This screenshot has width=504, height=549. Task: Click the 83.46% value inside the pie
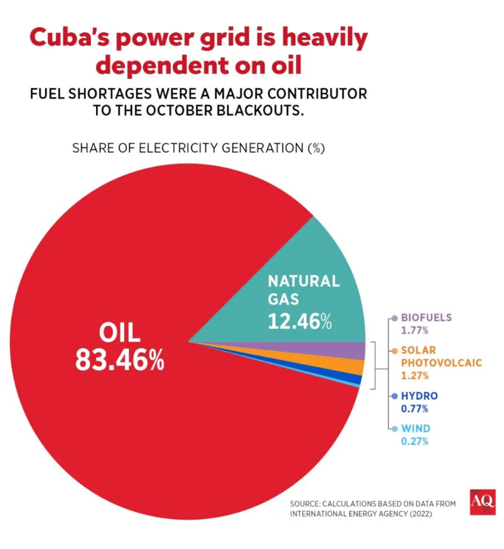(x=119, y=360)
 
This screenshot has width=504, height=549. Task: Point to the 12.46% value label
(x=300, y=320)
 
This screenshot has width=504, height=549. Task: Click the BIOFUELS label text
(x=426, y=317)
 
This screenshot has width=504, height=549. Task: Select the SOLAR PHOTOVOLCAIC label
(x=441, y=356)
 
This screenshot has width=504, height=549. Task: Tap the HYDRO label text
(x=419, y=395)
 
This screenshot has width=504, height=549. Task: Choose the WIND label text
(x=416, y=428)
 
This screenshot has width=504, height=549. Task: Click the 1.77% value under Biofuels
(x=415, y=330)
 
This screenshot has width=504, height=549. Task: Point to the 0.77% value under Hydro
(x=415, y=408)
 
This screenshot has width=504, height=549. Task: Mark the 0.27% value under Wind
(x=415, y=441)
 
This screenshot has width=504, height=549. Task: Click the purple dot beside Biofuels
(x=393, y=318)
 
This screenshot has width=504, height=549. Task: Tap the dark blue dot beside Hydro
(x=393, y=396)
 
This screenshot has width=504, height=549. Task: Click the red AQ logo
(x=482, y=501)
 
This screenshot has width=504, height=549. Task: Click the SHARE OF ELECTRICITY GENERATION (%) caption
(x=198, y=148)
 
